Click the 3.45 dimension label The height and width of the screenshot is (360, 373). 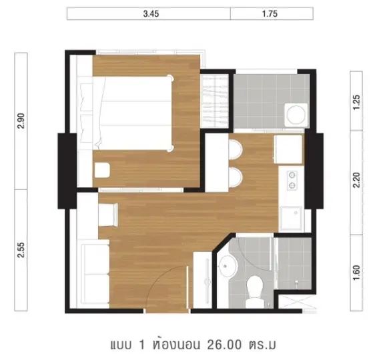pyautogui.click(x=151, y=14)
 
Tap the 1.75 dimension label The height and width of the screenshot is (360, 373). pyautogui.click(x=270, y=14)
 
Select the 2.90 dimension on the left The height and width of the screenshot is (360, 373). pyautogui.click(x=21, y=121)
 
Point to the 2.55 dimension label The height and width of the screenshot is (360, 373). pyautogui.click(x=21, y=250)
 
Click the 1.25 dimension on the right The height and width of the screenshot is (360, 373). pyautogui.click(x=356, y=102)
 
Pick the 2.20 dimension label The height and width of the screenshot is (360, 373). pyautogui.click(x=356, y=180)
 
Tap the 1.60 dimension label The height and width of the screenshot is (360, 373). pyautogui.click(x=356, y=273)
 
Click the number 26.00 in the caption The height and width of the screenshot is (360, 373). pyautogui.click(x=224, y=345)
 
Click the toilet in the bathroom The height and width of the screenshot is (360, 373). pyautogui.click(x=255, y=292)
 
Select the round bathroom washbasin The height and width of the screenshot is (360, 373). pyautogui.click(x=228, y=265)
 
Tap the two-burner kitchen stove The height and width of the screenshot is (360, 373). pyautogui.click(x=292, y=181)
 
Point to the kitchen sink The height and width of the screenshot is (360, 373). pyautogui.click(x=292, y=219)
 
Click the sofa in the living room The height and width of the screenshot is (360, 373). pyautogui.click(x=94, y=274)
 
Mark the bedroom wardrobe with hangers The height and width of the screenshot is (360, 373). pyautogui.click(x=215, y=101)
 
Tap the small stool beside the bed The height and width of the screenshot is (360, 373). pyautogui.click(x=102, y=170)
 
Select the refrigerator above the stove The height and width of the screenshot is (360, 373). pyautogui.click(x=288, y=149)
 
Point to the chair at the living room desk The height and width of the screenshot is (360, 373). pyautogui.click(x=108, y=215)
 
